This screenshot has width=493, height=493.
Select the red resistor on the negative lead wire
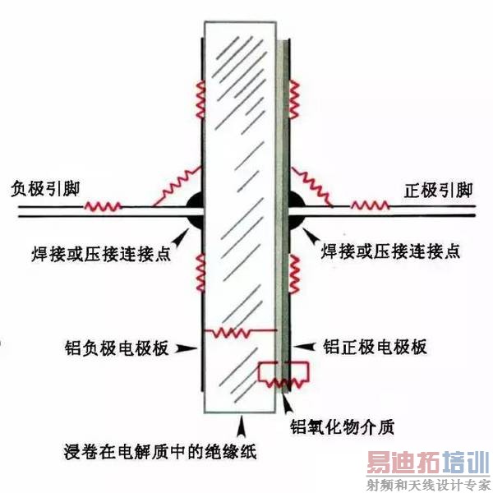[x=104, y=205]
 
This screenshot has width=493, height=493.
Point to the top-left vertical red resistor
[x=199, y=104]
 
